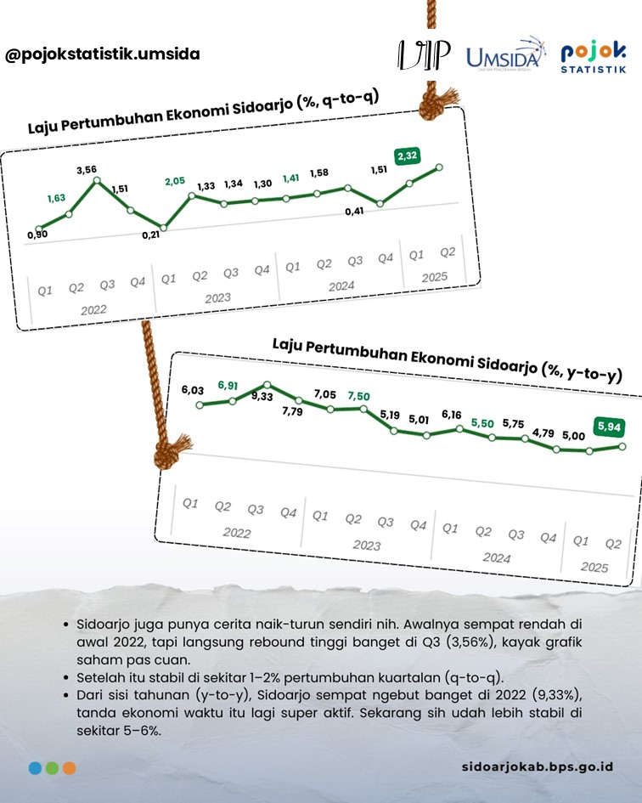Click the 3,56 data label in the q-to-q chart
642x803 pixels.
[x=87, y=170]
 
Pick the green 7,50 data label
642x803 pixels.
[x=358, y=396]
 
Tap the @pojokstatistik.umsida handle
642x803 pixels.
[x=103, y=54]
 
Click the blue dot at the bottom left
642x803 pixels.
[x=35, y=767]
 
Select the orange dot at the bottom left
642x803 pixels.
[x=69, y=767]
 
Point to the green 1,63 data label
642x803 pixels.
[x=56, y=197]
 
